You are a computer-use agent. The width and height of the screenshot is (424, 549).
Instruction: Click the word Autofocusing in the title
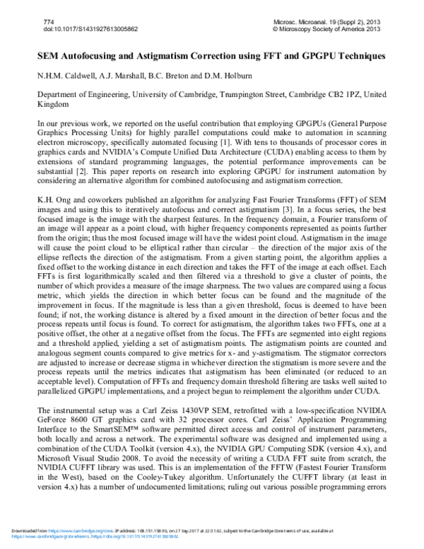coord(92,54)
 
